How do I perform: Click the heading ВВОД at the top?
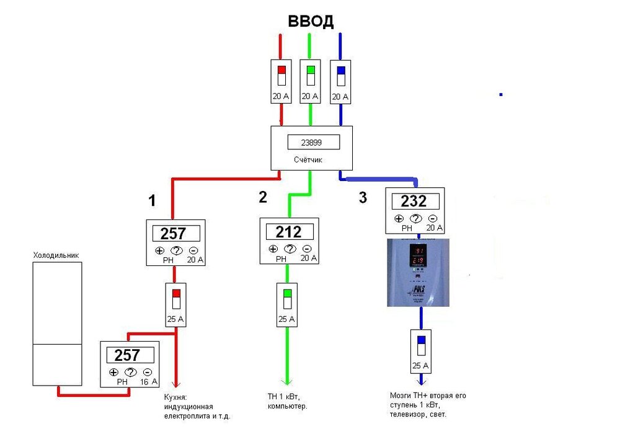pyautogui.click(x=311, y=22)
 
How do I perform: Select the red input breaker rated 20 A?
pyautogui.click(x=281, y=81)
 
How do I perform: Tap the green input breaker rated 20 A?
pyautogui.click(x=310, y=81)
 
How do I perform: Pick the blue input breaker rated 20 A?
pyautogui.click(x=340, y=81)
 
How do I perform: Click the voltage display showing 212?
pyautogui.click(x=289, y=232)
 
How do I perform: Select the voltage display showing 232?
pyautogui.click(x=414, y=201)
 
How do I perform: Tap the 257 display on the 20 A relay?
pyautogui.click(x=177, y=234)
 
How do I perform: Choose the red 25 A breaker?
pyautogui.click(x=176, y=304)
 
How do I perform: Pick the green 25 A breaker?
pyautogui.click(x=286, y=304)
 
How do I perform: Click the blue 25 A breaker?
pyautogui.click(x=421, y=351)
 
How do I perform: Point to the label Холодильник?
pyautogui.click(x=56, y=255)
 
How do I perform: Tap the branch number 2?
pyautogui.click(x=263, y=197)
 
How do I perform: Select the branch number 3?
pyautogui.click(x=363, y=198)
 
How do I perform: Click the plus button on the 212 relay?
pyautogui.click(x=273, y=249)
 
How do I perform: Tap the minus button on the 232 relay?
pyautogui.click(x=432, y=219)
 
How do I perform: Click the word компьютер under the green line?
pyautogui.click(x=288, y=406)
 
